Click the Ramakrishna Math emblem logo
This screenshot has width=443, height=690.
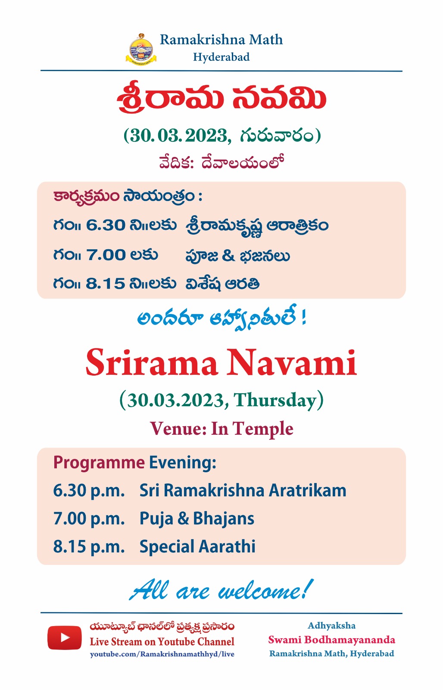coord(141,49)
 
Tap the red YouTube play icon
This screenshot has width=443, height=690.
coord(65,637)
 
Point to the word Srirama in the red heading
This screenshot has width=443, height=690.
coord(151,362)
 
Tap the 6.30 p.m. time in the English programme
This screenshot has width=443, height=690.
coord(89,491)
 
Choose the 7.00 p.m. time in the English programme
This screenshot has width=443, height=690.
coord(89,519)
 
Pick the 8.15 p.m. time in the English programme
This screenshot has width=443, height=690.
coord(89,547)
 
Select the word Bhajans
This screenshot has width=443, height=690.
coord(224,519)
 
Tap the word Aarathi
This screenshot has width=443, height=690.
coord(227,546)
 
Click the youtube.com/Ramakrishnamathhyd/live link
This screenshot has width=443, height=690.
coord(162,654)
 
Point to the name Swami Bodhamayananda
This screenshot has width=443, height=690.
coord(331,640)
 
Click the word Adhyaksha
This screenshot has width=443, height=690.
coord(331,626)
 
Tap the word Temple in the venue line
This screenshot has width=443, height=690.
coord(262,429)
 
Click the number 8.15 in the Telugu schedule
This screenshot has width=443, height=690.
coord(105,284)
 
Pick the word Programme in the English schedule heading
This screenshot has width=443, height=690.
coord(99,463)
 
